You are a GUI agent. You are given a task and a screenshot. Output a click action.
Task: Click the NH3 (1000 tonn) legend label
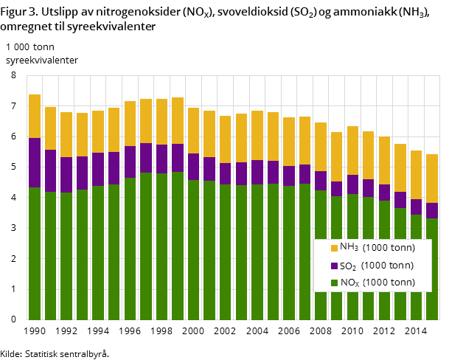pyautogui.click(x=377, y=248)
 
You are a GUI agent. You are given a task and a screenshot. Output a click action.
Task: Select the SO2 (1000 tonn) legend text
pyautogui.click(x=377, y=266)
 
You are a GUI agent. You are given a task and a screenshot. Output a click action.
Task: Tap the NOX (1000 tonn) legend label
pyautogui.click(x=377, y=283)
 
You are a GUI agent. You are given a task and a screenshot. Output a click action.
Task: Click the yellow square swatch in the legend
pyautogui.click(x=334, y=248)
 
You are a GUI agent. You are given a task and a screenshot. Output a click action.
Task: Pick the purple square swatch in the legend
pyautogui.click(x=334, y=266)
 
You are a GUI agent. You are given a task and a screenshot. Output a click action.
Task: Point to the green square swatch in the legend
pyautogui.click(x=334, y=283)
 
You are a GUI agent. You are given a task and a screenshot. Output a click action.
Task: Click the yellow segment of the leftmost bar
pyautogui.click(x=35, y=116)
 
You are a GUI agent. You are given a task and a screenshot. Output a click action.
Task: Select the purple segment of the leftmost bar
pyautogui.click(x=35, y=162)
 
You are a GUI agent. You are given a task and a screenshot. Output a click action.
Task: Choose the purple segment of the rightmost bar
pyautogui.click(x=432, y=210)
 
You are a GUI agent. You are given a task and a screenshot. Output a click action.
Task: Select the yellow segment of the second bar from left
pyautogui.click(x=50, y=128)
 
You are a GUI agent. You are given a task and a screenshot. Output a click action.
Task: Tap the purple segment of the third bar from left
pyautogui.click(x=66, y=175)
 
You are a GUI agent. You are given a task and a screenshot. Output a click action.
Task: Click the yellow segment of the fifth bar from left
pyautogui.click(x=98, y=131)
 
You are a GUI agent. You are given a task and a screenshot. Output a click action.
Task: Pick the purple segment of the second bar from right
pyautogui.click(x=416, y=207)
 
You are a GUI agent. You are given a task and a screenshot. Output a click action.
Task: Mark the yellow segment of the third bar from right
pyautogui.click(x=400, y=167)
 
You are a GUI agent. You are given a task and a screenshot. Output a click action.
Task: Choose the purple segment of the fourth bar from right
pyautogui.click(x=384, y=193)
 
